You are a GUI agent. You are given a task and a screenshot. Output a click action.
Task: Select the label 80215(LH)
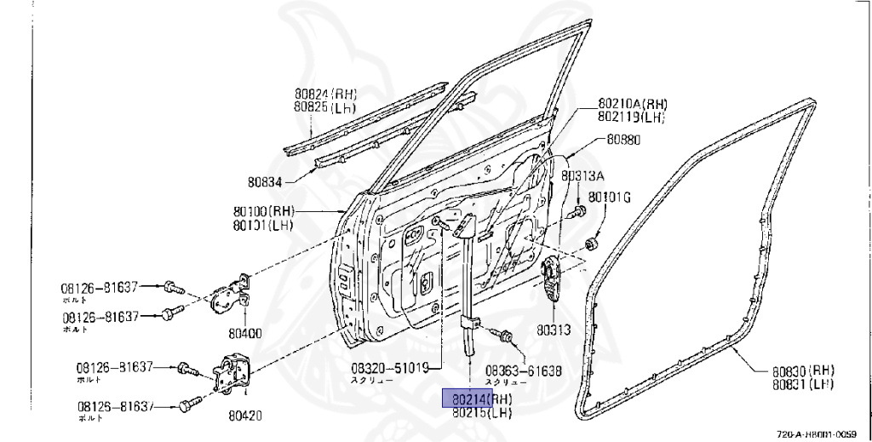click(481, 412)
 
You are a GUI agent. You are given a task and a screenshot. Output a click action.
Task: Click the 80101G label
click(610, 198)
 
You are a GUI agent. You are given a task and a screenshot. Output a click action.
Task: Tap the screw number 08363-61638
click(524, 370)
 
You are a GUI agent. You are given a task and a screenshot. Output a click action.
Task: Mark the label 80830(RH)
click(803, 370)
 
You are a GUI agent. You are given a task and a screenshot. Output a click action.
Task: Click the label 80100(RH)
click(263, 211)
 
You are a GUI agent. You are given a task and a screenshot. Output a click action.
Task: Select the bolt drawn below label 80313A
click(581, 210)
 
